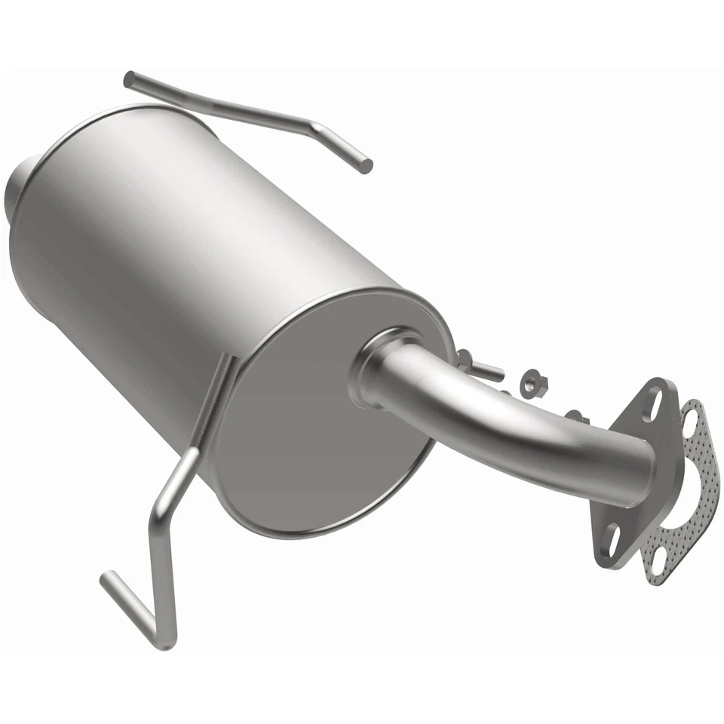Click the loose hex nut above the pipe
[x=534, y=384]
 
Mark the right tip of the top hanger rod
[x=366, y=167]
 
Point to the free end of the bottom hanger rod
[x=107, y=579]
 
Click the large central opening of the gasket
[x=683, y=490]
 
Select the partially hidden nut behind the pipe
[x=576, y=416]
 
